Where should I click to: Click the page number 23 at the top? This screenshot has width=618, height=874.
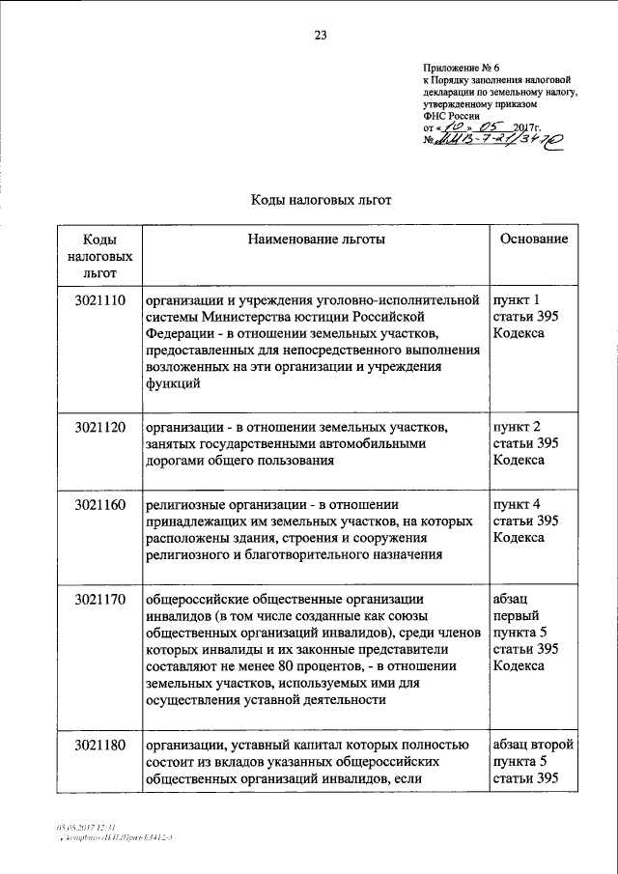click(x=321, y=36)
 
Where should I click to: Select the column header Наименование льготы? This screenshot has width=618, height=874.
click(x=316, y=239)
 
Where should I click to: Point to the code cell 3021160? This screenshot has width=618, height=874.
click(x=99, y=503)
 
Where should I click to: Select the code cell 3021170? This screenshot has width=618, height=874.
click(x=99, y=599)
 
